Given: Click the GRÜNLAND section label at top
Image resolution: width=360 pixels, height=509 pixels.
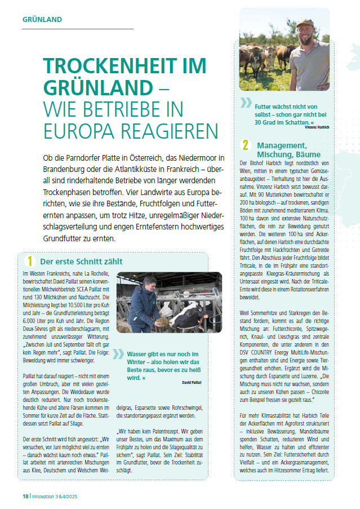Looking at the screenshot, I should click(x=42, y=20).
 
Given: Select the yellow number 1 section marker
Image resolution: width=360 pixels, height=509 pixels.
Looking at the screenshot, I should click(x=30, y=261).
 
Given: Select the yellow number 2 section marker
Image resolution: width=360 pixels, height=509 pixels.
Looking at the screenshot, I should click(x=246, y=145).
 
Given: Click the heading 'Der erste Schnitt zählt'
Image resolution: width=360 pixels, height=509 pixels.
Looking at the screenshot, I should click(x=81, y=262).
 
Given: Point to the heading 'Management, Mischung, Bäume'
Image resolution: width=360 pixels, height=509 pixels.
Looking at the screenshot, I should click(x=288, y=149).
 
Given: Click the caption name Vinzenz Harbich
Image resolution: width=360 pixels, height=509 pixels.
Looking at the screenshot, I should click(x=317, y=127).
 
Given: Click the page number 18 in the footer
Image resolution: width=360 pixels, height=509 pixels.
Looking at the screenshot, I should click(x=26, y=495).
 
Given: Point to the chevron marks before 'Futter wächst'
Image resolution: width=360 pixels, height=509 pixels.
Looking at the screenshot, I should click(x=246, y=102).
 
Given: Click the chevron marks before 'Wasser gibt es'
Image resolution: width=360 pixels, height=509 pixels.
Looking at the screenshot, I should click(x=118, y=353).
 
